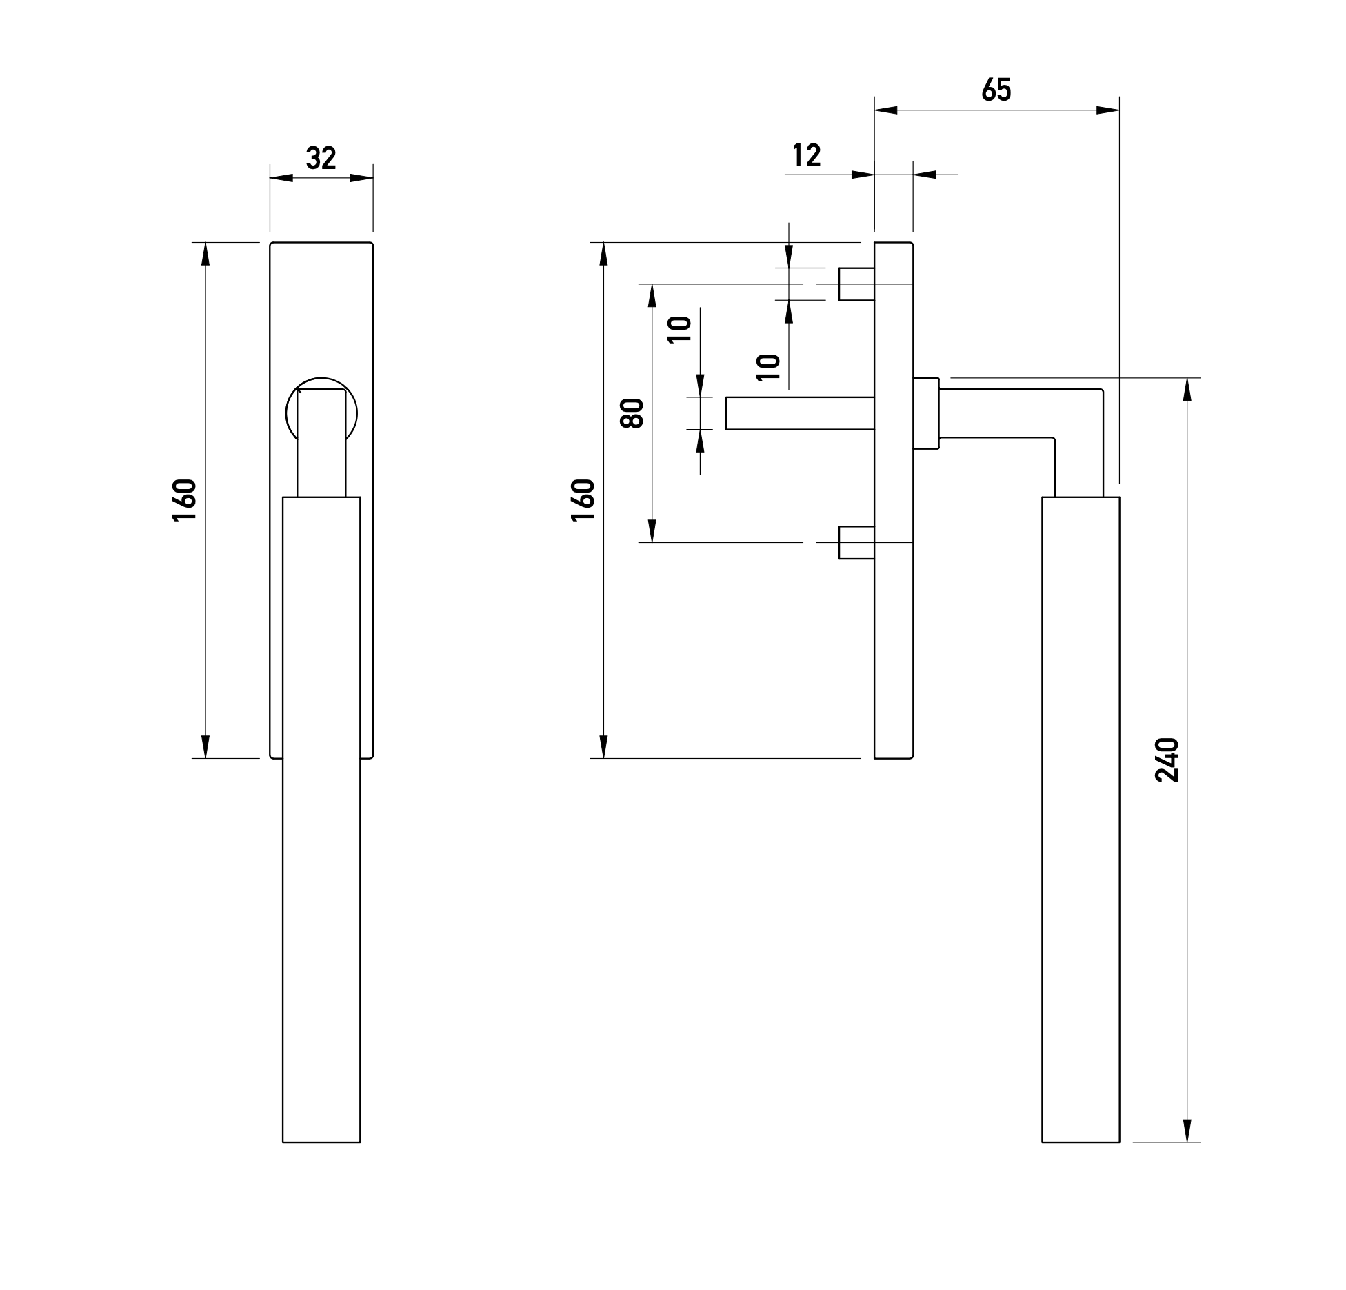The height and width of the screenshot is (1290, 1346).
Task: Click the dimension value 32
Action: [x=321, y=159]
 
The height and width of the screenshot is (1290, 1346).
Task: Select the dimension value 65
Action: [x=996, y=90]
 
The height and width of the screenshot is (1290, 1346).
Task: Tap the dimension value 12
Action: [x=806, y=156]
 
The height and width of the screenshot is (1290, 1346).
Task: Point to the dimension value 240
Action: [x=1167, y=760]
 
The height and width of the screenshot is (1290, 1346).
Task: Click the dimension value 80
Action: [x=632, y=413]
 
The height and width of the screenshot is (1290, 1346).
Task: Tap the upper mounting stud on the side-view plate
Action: [x=856, y=284]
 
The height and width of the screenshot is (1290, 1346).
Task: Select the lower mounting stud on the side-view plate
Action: [x=856, y=542]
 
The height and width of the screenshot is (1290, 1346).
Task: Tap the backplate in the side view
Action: [x=894, y=621]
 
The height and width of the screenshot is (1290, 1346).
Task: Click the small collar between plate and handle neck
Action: [x=926, y=413]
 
